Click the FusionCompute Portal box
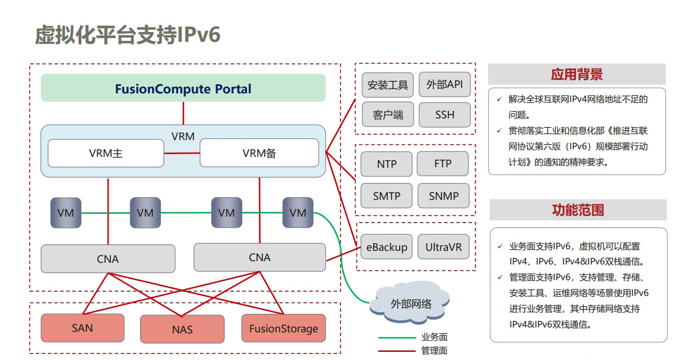pyautogui.click(x=183, y=88)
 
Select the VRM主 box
pyautogui.click(x=106, y=153)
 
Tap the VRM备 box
pyautogui.click(x=260, y=153)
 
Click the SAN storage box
pyautogui.click(x=83, y=328)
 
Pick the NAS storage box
pyautogui.click(x=182, y=329)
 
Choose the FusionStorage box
pyautogui.click(x=283, y=329)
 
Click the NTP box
pyautogui.click(x=387, y=164)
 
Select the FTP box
pyautogui.click(x=443, y=163)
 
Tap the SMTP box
pyautogui.click(x=387, y=196)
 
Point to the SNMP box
pyautogui.click(x=444, y=196)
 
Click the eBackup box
pyautogui.click(x=387, y=247)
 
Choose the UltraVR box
pyautogui.click(x=444, y=247)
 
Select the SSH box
pyautogui.click(x=445, y=115)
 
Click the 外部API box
pyautogui.click(x=445, y=84)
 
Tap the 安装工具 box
pyautogui.click(x=388, y=85)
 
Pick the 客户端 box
pyautogui.click(x=388, y=115)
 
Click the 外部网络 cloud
pyautogui.click(x=410, y=303)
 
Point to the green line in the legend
pyautogui.click(x=397, y=338)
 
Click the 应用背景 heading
pyautogui.click(x=577, y=74)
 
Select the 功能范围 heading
pyautogui.click(x=578, y=210)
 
